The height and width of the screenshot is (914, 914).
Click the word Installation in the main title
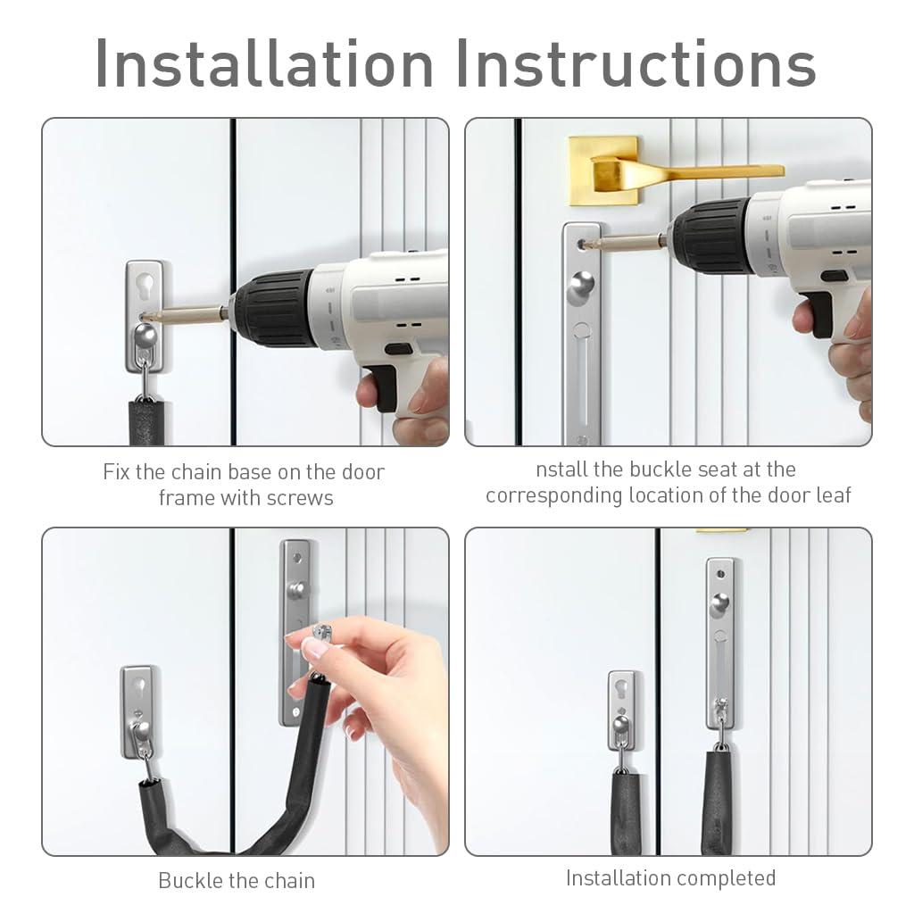click(x=264, y=63)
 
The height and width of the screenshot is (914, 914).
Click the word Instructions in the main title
click(x=636, y=63)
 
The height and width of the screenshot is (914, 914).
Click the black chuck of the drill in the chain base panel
click(x=275, y=308)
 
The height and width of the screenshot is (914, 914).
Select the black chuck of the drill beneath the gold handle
click(x=712, y=236)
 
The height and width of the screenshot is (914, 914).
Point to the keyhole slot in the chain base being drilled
click(x=145, y=287)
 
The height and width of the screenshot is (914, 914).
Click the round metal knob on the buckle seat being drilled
click(x=582, y=287)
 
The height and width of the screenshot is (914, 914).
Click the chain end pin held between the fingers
click(x=321, y=632)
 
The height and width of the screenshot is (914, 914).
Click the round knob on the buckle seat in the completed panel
click(x=719, y=604)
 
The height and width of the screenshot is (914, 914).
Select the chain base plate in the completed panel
click(x=621, y=710)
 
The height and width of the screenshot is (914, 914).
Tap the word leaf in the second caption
click(x=834, y=495)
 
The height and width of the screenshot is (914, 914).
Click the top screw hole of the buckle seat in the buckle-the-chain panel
click(x=296, y=559)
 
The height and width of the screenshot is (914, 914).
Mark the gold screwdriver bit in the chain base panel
click(x=187, y=315)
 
